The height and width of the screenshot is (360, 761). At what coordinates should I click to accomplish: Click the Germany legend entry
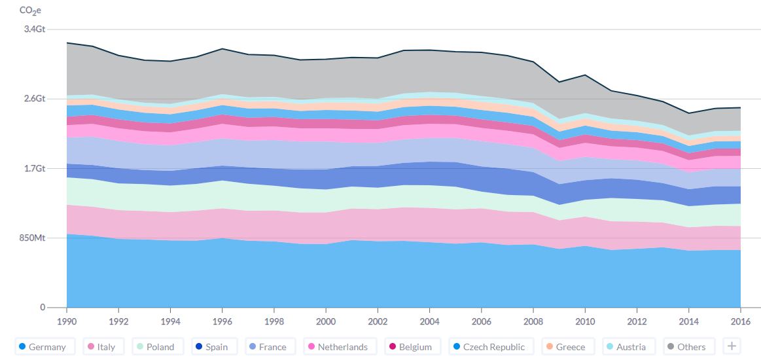click(44, 347)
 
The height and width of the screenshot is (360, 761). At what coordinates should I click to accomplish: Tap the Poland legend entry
click(155, 347)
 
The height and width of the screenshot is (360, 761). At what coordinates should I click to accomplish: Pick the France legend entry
click(267, 347)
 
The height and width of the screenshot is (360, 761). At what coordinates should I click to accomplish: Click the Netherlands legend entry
click(337, 347)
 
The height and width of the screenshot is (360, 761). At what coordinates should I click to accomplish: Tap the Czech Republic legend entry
click(491, 347)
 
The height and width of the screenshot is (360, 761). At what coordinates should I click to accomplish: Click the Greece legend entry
click(564, 347)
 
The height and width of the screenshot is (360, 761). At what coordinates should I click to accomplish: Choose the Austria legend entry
click(625, 347)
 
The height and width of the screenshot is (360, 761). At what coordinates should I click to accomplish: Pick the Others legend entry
click(685, 347)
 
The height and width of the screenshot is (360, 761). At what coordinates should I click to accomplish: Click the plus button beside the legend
click(732, 346)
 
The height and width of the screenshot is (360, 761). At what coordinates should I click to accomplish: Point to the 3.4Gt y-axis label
click(35, 29)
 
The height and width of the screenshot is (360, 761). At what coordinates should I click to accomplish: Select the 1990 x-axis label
click(67, 321)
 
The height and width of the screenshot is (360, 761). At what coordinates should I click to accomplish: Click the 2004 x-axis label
click(429, 321)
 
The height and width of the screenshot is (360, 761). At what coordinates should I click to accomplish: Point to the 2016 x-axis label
click(740, 321)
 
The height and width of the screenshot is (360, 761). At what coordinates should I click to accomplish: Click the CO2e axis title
click(30, 10)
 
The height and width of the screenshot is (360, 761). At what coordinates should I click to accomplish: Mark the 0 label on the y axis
click(43, 307)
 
